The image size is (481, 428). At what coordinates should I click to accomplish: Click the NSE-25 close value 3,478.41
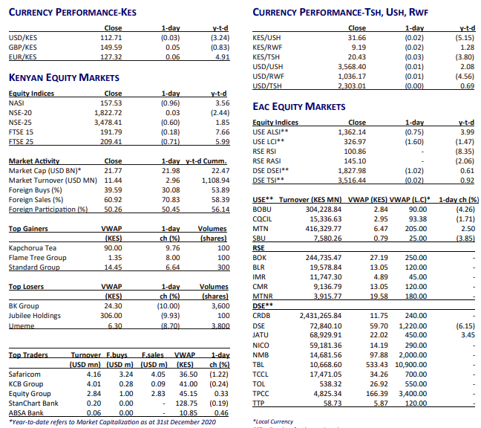pyautogui.click(x=108, y=121)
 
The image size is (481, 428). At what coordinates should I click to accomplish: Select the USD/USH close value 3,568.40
pyautogui.click(x=351, y=67)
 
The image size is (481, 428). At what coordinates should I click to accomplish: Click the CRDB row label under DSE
pyautogui.click(x=262, y=314)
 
